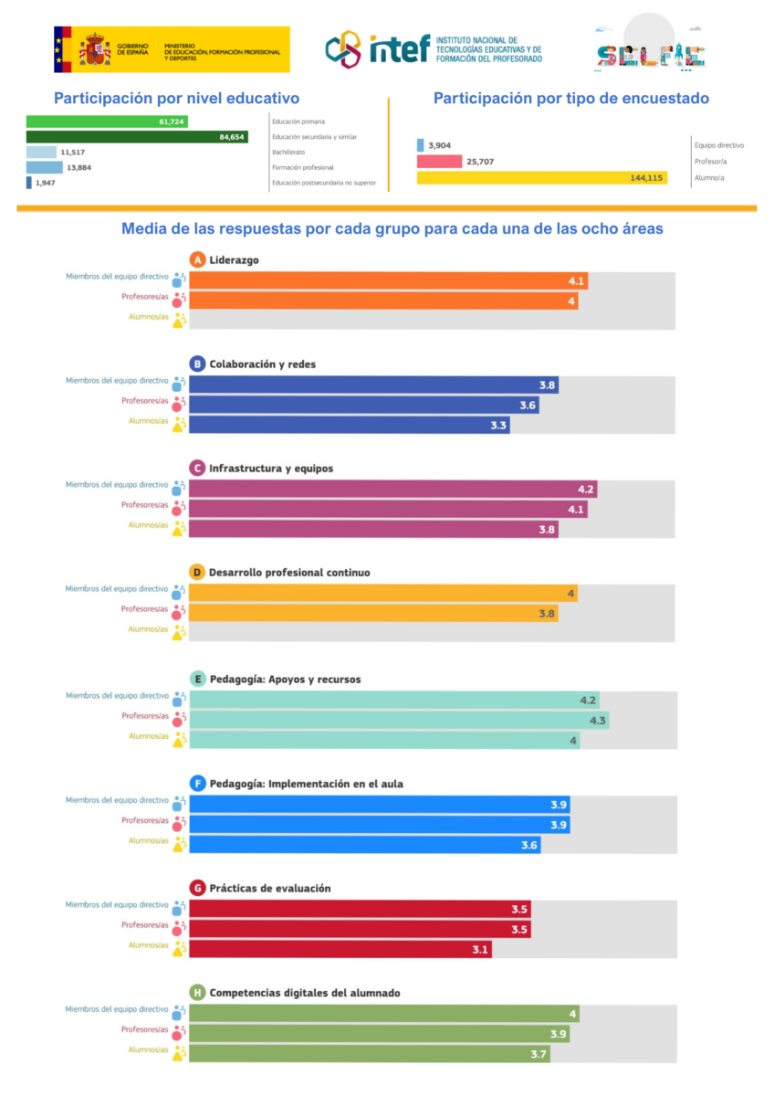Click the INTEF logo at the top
[433, 48]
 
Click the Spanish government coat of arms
[94, 49]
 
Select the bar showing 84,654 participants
[137, 137]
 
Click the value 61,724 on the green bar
[172, 121]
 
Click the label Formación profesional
[303, 168]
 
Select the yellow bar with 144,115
[541, 178]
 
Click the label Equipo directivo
[719, 145]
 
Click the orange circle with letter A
[196, 260]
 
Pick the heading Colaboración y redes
[262, 364]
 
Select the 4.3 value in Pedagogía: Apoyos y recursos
[598, 721]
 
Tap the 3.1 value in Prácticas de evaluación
[480, 950]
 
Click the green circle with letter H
[196, 993]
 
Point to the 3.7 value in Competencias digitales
[539, 1054]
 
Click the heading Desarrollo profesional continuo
[289, 573]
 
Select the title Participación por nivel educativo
[176, 99]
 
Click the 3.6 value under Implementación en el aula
[529, 846]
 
